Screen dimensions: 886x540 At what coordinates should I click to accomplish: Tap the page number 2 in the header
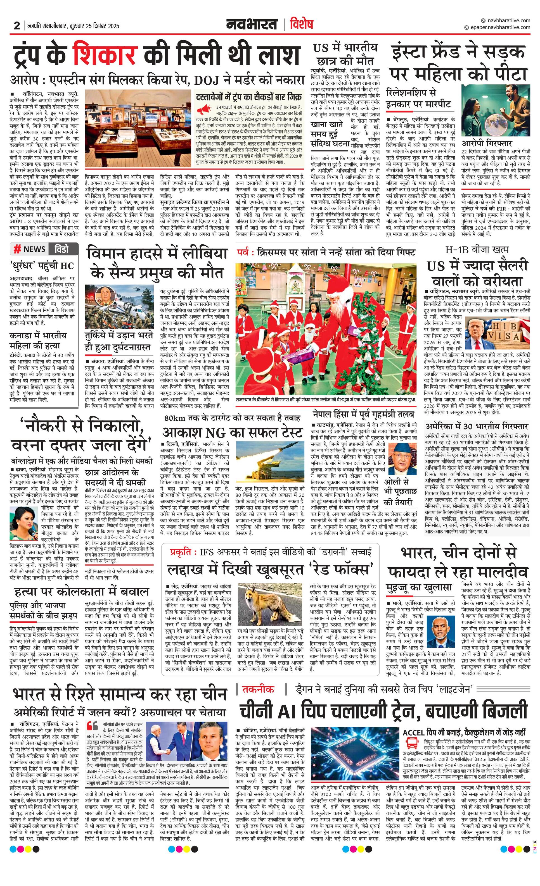17,26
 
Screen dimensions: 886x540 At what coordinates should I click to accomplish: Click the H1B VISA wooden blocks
509,332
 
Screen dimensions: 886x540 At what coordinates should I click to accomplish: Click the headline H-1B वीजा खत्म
477,249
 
